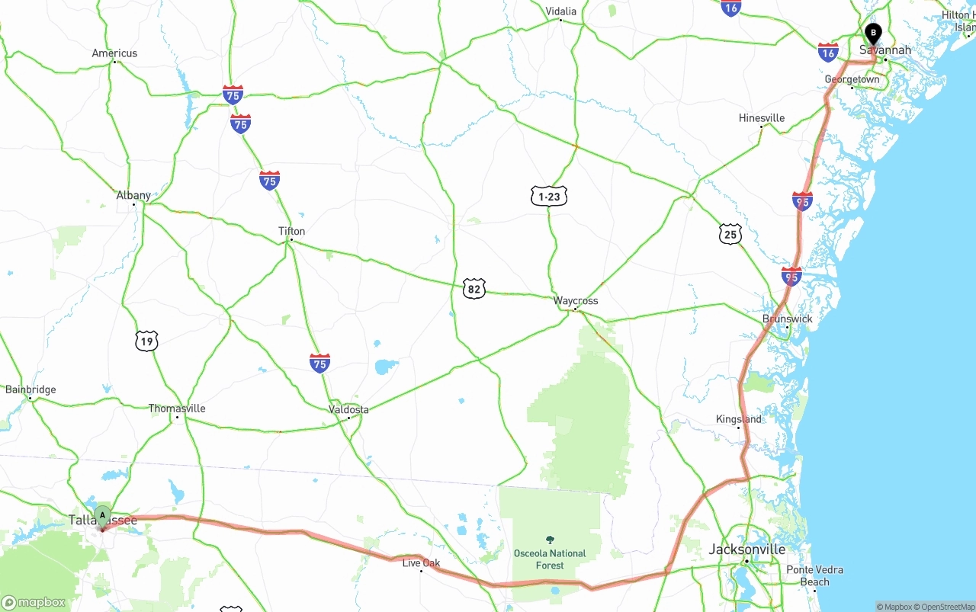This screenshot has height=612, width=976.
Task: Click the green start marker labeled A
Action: [102, 516]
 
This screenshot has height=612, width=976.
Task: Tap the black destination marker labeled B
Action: [873, 34]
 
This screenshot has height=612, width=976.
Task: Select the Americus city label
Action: [114, 53]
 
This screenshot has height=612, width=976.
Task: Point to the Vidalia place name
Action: [560, 11]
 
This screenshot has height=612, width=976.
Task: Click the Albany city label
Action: [133, 195]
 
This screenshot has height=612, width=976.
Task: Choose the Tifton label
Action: [291, 231]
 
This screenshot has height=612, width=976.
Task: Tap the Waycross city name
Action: [576, 301]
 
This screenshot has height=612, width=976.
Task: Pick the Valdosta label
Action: [348, 409]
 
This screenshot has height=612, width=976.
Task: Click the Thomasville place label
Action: [177, 409]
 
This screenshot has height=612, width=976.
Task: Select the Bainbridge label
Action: [30, 389]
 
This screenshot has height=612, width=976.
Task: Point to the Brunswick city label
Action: [788, 319]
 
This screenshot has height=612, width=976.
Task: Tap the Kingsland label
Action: [738, 419]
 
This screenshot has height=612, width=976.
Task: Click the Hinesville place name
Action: [762, 118]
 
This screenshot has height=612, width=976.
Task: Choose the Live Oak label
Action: [422, 563]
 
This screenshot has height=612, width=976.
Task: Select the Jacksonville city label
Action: [747, 549]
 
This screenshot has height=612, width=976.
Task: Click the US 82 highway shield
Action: [474, 289]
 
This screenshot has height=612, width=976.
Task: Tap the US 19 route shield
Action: [146, 341]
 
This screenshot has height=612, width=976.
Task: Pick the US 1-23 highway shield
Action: [549, 196]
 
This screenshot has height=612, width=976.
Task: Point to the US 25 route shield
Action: [730, 234]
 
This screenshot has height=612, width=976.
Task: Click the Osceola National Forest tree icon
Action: [550, 540]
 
